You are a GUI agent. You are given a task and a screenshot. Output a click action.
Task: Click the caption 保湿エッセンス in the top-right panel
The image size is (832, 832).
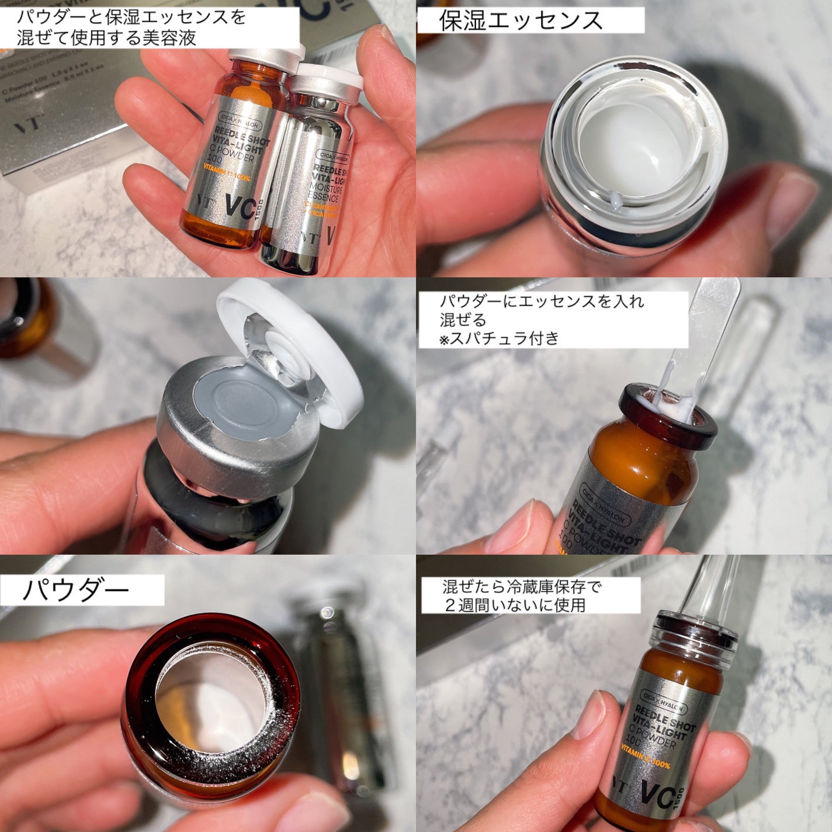coord(520,20)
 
